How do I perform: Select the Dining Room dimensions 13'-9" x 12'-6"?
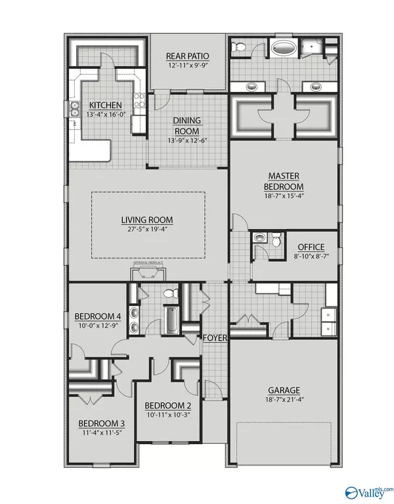[x=187, y=139]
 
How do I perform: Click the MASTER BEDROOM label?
[x=285, y=181]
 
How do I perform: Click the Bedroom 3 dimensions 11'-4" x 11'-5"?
[x=106, y=433]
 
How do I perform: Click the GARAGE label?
[x=284, y=388]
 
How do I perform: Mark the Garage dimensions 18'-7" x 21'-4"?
[x=284, y=398]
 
